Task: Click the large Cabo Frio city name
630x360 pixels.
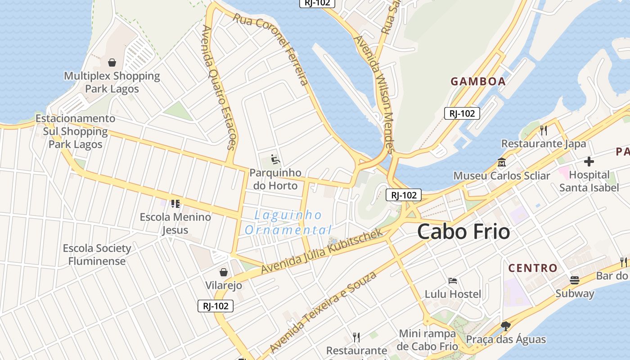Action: [463, 232]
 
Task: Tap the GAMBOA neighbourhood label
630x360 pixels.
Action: [478, 81]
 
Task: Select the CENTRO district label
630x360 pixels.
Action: [533, 268]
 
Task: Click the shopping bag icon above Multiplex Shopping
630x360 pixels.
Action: [112, 63]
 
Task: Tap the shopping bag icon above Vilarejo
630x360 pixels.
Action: [223, 272]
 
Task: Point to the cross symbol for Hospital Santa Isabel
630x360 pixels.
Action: [589, 162]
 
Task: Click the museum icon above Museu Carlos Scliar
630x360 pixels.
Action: [501, 162]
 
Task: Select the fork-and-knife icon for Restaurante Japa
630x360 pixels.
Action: [544, 130]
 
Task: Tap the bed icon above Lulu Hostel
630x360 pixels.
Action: [453, 281]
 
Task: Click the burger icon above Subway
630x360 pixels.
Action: [575, 280]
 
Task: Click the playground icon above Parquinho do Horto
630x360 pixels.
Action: [274, 159]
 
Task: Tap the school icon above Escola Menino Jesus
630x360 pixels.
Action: [175, 204]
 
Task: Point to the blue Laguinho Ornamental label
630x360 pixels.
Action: [288, 223]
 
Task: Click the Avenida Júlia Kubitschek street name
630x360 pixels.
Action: [322, 251]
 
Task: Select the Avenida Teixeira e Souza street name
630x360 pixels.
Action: [323, 312]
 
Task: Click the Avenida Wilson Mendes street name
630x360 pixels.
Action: [374, 94]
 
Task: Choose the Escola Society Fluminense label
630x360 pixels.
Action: [97, 255]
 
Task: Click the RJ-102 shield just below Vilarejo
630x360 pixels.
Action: [216, 306]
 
